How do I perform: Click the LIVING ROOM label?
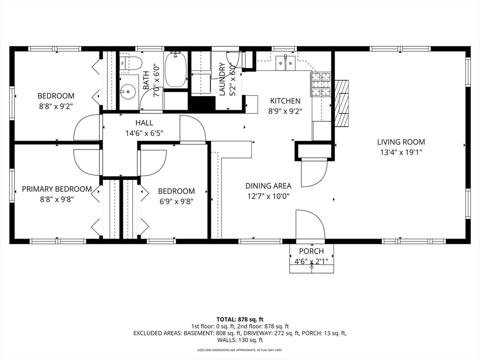coord(401,142)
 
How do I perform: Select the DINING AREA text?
coord(268,186)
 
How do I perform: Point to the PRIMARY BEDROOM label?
coord(57,189)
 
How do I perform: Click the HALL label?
coord(144,123)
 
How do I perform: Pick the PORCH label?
coord(311,252)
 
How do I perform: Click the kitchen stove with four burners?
coord(321,84)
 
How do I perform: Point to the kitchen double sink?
coord(285,61)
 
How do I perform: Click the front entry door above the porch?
coord(310,225)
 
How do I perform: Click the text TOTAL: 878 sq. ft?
coord(240,318)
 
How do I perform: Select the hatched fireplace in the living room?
coord(343,103)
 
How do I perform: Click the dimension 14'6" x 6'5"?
coord(144,133)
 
